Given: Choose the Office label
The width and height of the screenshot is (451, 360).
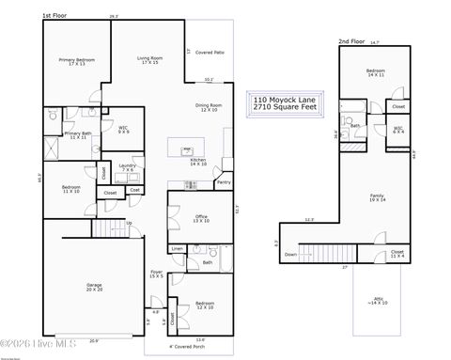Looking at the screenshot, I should (x=187, y=219).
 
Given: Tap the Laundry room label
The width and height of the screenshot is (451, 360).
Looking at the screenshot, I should (x=129, y=167).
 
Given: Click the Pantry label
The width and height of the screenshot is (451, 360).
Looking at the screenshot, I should (x=224, y=182).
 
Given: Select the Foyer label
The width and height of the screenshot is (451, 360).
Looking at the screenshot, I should (x=156, y=274).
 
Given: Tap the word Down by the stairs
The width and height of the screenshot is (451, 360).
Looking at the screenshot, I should (x=290, y=255).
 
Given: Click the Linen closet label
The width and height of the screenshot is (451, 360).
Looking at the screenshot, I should (x=176, y=249).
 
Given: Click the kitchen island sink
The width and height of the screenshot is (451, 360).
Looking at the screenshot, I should (x=187, y=149).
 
